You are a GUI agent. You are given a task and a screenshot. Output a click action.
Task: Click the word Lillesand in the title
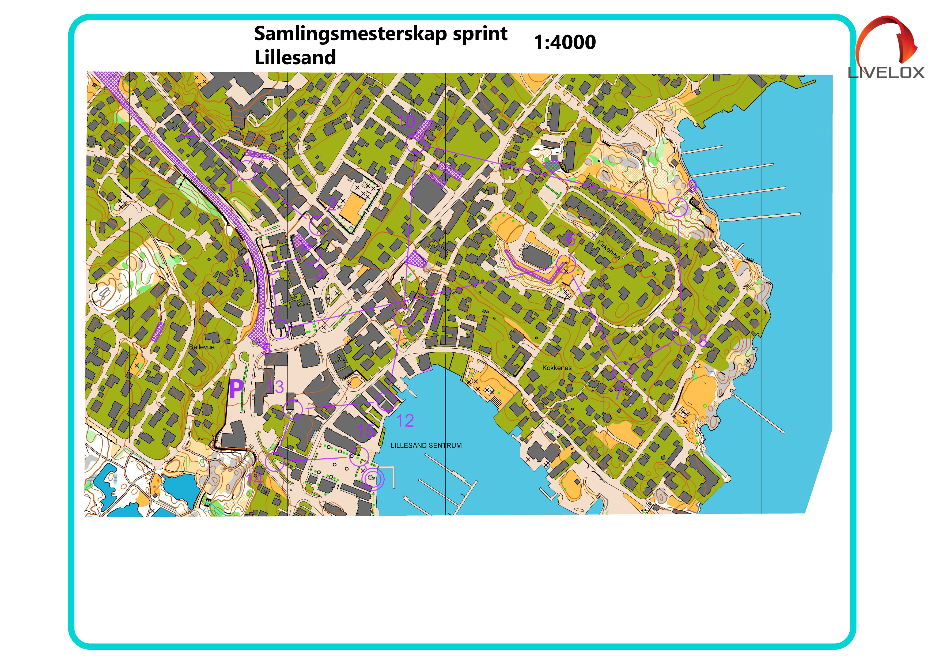click(295, 57)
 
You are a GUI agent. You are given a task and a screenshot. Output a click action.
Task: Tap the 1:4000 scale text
click(565, 42)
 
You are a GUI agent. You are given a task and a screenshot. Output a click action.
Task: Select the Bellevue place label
click(202, 347)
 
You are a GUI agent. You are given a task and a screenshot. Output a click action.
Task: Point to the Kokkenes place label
click(556, 368)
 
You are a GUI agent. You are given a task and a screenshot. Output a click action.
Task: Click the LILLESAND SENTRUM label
click(426, 446)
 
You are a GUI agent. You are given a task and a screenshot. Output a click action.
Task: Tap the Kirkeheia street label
click(608, 249)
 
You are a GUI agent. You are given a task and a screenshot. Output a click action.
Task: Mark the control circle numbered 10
click(415, 144)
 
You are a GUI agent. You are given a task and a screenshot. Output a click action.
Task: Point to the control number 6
click(571, 239)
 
